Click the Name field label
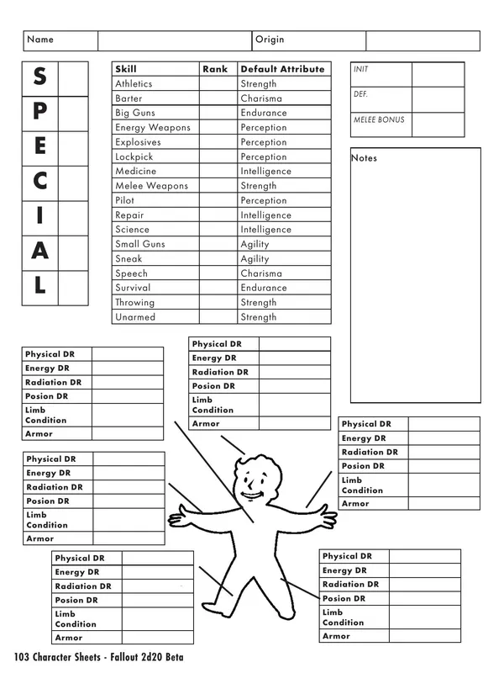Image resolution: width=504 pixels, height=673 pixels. (40, 40)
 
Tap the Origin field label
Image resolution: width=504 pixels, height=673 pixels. (270, 40)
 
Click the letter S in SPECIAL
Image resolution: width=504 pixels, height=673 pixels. (40, 77)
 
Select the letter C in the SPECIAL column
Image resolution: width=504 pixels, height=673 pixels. (40, 181)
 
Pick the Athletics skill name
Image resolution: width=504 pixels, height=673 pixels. (134, 84)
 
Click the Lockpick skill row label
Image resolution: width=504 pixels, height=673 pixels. (134, 157)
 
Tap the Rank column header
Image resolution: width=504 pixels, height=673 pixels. (215, 69)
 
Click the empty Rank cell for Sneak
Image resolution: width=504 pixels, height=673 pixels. (218, 259)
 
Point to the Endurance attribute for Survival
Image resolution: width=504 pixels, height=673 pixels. (263, 288)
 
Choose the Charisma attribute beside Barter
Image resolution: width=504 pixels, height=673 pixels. (260, 98)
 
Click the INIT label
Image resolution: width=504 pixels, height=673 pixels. (361, 70)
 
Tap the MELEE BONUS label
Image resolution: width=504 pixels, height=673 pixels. (378, 120)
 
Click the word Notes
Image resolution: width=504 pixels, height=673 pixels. (365, 158)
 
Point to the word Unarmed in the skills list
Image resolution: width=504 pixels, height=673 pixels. (135, 317)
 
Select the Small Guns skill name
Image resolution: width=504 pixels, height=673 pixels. (139, 244)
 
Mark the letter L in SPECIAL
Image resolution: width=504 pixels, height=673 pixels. (40, 285)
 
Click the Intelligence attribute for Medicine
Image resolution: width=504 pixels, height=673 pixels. (265, 172)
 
